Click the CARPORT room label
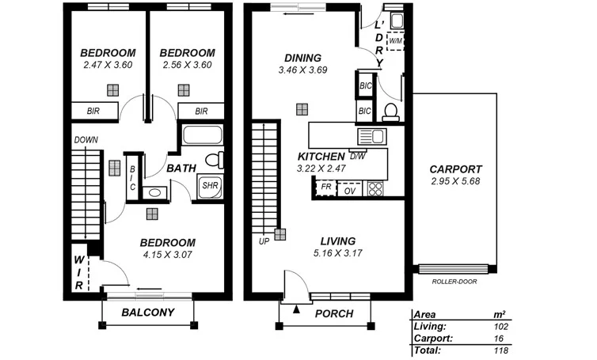[455, 169]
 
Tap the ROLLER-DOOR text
[454, 281]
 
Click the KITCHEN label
[321, 156]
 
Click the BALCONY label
[147, 313]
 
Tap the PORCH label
[334, 314]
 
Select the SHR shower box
[209, 186]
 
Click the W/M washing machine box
[395, 41]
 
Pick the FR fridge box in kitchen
[325, 188]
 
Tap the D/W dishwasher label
[357, 156]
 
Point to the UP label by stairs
[264, 241]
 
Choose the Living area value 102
[500, 325]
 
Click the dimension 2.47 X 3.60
[108, 66]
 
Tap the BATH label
[181, 168]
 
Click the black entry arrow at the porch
[297, 309]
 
